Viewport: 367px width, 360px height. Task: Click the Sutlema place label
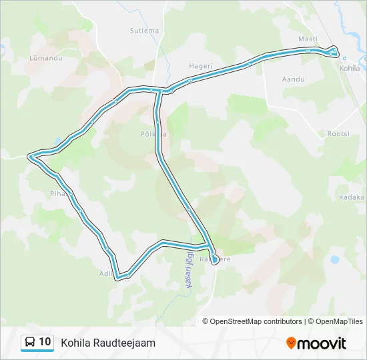click(144, 31)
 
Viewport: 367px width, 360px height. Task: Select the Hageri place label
click(200, 66)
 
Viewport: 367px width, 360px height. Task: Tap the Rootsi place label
click(338, 134)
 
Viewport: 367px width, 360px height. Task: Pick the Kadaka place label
click(352, 197)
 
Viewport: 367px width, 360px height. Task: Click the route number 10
click(45, 342)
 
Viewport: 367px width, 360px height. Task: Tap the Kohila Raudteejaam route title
click(108, 343)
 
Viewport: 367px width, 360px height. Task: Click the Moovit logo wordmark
click(322, 343)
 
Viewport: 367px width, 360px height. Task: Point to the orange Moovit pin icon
click(291, 343)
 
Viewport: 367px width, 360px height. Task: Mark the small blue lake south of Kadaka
click(334, 259)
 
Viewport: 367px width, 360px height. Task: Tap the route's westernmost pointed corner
click(29, 157)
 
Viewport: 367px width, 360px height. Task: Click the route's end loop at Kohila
click(333, 52)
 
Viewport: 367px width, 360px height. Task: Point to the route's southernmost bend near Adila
click(118, 276)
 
